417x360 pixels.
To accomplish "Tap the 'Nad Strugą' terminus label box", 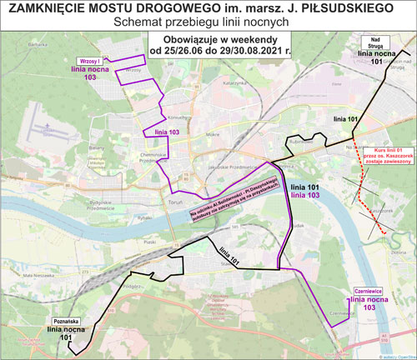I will [x=373, y=42].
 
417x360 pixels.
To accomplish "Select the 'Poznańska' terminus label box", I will [x=66, y=320].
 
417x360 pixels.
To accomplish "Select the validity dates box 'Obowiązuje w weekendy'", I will [x=219, y=43].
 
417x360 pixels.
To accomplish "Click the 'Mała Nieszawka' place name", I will [x=38, y=249].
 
